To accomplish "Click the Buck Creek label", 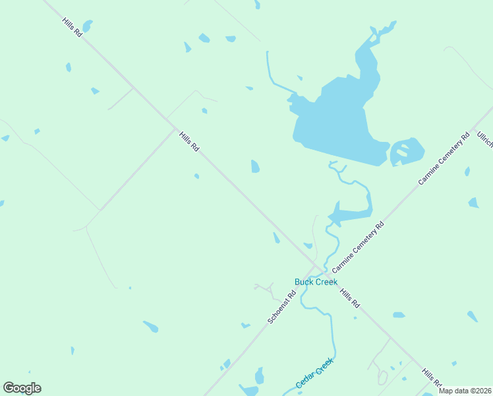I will click(316, 282).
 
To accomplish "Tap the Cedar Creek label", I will click(314, 374).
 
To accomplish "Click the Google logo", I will click(22, 388).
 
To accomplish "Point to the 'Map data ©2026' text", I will click(465, 391).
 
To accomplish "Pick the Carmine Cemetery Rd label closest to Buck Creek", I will click(358, 247).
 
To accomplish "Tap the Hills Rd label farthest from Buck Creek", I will click(72, 27).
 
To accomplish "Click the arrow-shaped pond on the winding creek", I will click(346, 214).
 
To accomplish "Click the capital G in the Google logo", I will click(9, 388).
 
